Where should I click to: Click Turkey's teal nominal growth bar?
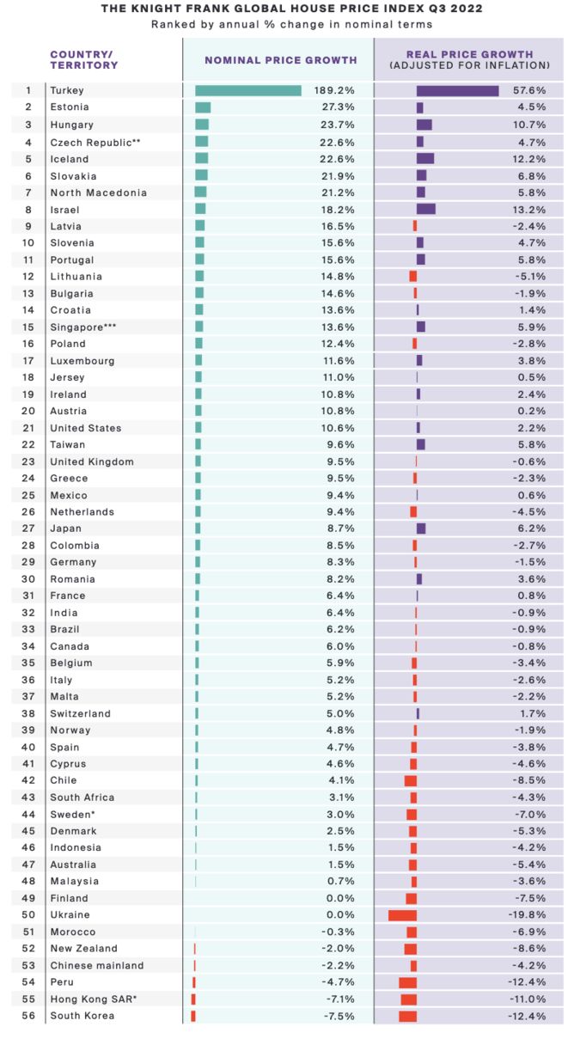click(248, 91)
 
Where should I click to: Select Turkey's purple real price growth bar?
click(457, 91)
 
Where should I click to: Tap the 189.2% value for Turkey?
click(337, 91)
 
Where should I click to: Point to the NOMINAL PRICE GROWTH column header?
click(280, 60)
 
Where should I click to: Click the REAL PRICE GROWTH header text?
click(469, 55)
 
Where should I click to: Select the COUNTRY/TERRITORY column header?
click(84, 60)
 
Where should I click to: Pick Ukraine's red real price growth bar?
click(402, 915)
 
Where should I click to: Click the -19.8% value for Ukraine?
click(527, 915)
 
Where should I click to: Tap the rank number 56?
click(27, 1016)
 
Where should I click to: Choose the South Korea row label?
click(82, 1016)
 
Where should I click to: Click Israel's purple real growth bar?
click(425, 209)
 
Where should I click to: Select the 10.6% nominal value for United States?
click(337, 428)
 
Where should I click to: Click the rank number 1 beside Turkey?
click(28, 91)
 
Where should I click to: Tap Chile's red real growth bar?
click(411, 780)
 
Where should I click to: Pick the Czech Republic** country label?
click(95, 142)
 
